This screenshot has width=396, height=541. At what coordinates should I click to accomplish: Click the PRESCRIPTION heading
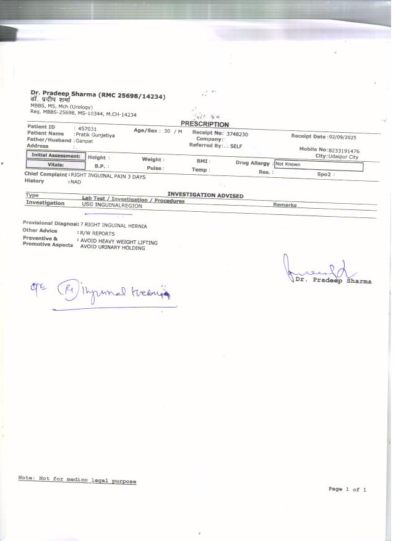[x=204, y=124]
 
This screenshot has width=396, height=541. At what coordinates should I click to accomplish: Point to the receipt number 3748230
[x=237, y=133]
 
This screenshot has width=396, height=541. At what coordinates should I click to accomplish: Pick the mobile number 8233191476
[x=344, y=151]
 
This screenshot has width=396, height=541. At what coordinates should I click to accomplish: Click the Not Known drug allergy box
[x=318, y=165]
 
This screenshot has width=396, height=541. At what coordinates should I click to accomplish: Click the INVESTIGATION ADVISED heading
[x=205, y=196]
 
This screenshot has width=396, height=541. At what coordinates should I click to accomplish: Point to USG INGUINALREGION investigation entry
[x=112, y=206]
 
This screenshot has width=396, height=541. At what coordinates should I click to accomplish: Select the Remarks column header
[x=285, y=205]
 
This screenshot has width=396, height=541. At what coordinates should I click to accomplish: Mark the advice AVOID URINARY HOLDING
[x=113, y=248]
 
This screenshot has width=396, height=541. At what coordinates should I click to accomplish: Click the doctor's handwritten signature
[x=313, y=267]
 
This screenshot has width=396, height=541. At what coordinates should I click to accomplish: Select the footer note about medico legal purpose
[x=77, y=480]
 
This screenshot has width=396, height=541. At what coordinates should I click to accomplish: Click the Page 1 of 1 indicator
[x=347, y=489]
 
